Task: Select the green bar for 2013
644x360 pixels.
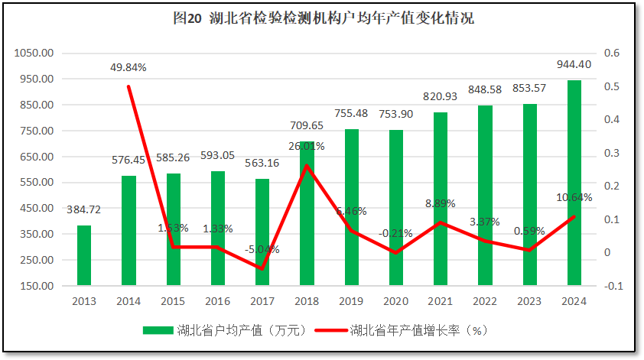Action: tap(84, 255)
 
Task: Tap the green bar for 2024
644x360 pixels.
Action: tap(574, 183)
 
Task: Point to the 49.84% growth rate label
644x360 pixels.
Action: tap(128, 67)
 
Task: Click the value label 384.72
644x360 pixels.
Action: tap(84, 209)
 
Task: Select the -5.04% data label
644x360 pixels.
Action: tap(262, 249)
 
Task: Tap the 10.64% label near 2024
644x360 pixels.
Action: tap(574, 197)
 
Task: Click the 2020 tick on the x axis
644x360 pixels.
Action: tap(396, 300)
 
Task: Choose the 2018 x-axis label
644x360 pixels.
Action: tap(307, 300)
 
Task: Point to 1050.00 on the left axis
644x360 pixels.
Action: tap(34, 54)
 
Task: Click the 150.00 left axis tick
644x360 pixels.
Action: tap(36, 286)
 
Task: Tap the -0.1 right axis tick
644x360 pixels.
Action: tap(614, 286)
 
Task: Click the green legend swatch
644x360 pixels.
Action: tap(157, 331)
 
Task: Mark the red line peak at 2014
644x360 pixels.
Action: tap(128, 86)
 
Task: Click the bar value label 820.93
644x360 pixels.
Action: tap(441, 96)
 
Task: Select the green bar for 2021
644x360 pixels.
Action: tap(441, 199)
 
